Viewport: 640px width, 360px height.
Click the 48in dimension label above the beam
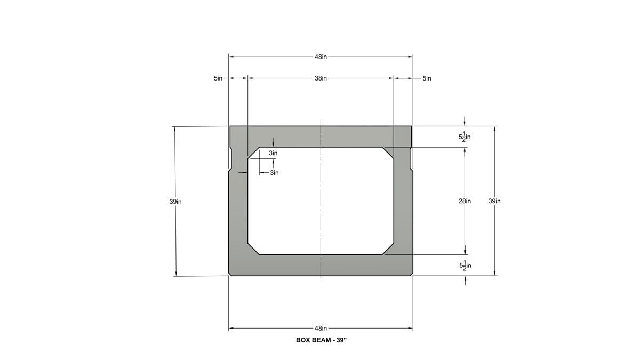(321, 57)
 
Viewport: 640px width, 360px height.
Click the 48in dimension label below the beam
(321, 329)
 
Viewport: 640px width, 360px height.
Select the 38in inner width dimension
(321, 78)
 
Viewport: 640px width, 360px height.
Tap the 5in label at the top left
(218, 78)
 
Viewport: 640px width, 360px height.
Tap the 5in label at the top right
(427, 78)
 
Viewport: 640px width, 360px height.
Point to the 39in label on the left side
(175, 202)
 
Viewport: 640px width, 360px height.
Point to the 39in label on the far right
(494, 201)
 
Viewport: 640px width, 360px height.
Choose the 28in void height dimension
(465, 201)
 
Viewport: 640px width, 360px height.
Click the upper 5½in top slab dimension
(465, 137)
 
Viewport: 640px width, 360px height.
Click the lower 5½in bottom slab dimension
(465, 266)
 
